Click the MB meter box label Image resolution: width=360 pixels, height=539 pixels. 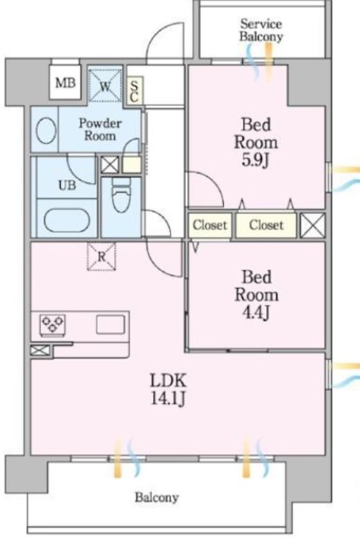coord(65,83)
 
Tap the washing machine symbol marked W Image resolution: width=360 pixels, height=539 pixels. coord(105,85)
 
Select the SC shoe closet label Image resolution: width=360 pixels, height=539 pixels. coord(134,92)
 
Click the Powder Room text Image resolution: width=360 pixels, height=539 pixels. coord(100,129)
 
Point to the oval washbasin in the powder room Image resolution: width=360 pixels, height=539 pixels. coord(46,131)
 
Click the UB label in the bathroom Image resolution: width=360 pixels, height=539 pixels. coord(67,186)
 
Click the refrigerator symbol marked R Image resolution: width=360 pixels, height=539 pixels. coord(102,256)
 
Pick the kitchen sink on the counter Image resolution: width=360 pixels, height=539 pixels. coord(110,324)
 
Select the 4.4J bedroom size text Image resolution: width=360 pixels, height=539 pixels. coord(256,312)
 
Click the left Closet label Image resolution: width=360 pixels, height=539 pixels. coord(209,225)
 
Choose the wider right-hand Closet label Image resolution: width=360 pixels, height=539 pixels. coord(266,225)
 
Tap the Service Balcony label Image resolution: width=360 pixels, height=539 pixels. coord(262,31)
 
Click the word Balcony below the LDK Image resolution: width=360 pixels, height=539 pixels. coord(157,497)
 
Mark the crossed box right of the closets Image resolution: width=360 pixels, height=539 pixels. coord(313,225)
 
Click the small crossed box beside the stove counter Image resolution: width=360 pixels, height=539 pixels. coord(40,351)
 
